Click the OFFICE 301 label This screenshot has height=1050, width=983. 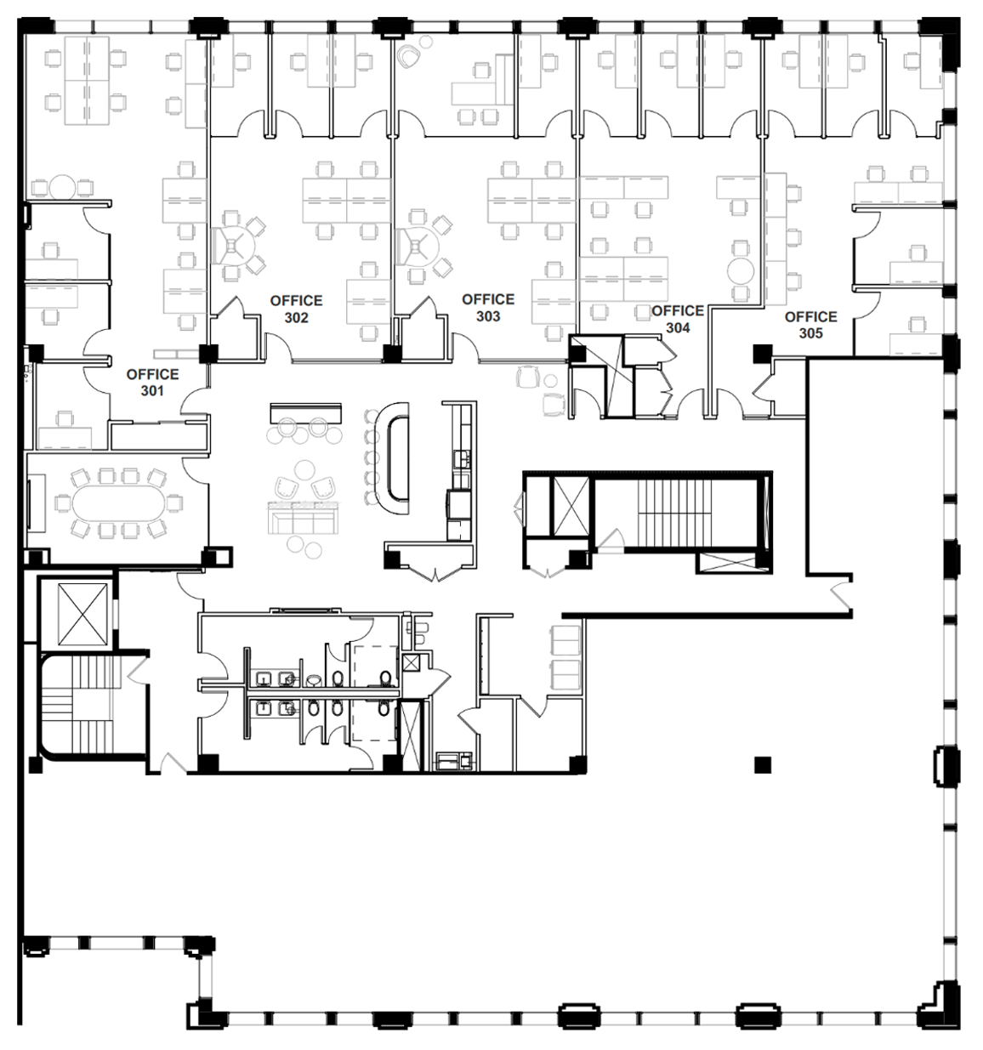pyautogui.click(x=152, y=383)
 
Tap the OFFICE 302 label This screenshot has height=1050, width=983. pyautogui.click(x=296, y=309)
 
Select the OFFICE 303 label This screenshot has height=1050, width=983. pyautogui.click(x=488, y=308)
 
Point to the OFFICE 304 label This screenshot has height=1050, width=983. pyautogui.click(x=678, y=320)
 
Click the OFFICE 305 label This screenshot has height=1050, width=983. pyautogui.click(x=810, y=325)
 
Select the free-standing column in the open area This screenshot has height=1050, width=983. pyautogui.click(x=763, y=764)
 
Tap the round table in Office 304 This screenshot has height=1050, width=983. pyautogui.click(x=741, y=270)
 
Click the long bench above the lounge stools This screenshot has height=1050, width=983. pyautogui.click(x=306, y=411)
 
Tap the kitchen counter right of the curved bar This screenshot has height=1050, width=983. pyautogui.click(x=459, y=470)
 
